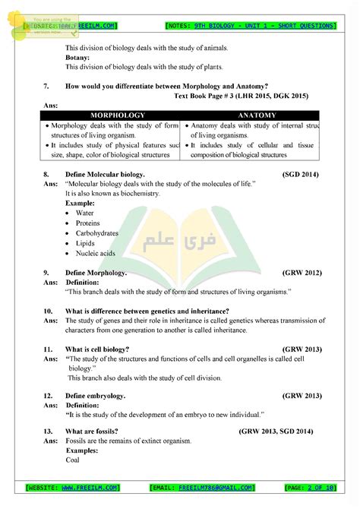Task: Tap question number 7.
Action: pyautogui.click(x=46, y=86)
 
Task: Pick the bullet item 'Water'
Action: pyautogui.click(x=84, y=213)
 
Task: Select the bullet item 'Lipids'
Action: pyautogui.click(x=85, y=243)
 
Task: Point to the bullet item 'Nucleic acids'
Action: pyautogui.click(x=95, y=253)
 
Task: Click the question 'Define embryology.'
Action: pyautogui.click(x=95, y=396)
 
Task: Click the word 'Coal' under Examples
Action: pyautogui.click(x=73, y=460)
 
